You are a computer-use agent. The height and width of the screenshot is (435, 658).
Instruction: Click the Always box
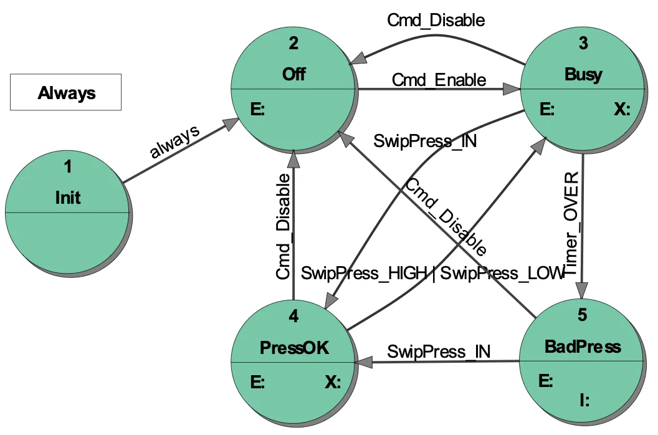click(x=65, y=93)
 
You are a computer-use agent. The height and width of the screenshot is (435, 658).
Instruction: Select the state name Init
click(x=68, y=198)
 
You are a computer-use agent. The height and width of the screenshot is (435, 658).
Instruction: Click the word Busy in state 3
click(x=583, y=75)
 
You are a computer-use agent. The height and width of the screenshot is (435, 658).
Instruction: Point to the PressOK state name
click(x=293, y=348)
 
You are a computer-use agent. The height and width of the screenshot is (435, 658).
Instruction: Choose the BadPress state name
click(x=583, y=346)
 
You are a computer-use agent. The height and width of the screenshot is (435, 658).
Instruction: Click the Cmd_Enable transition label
click(x=439, y=80)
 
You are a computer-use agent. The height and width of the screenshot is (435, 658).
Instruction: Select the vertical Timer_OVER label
click(x=571, y=222)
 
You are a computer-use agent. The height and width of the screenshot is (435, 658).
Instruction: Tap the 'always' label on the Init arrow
click(x=175, y=143)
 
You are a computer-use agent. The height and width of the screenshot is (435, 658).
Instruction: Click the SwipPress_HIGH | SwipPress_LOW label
click(x=432, y=274)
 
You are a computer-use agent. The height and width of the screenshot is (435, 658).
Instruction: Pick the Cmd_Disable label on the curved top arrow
click(x=436, y=20)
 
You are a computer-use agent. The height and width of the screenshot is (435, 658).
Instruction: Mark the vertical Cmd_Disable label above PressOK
click(x=284, y=226)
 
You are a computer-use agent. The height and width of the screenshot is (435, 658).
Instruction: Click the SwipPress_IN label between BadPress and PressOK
click(x=439, y=351)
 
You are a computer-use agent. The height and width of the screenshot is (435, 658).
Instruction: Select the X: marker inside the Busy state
click(x=621, y=110)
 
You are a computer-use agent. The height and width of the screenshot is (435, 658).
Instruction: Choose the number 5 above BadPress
click(x=582, y=315)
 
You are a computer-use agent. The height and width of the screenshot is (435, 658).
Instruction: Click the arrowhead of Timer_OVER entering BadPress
click(x=581, y=292)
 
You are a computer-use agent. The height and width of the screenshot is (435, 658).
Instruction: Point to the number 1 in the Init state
click(x=68, y=166)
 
